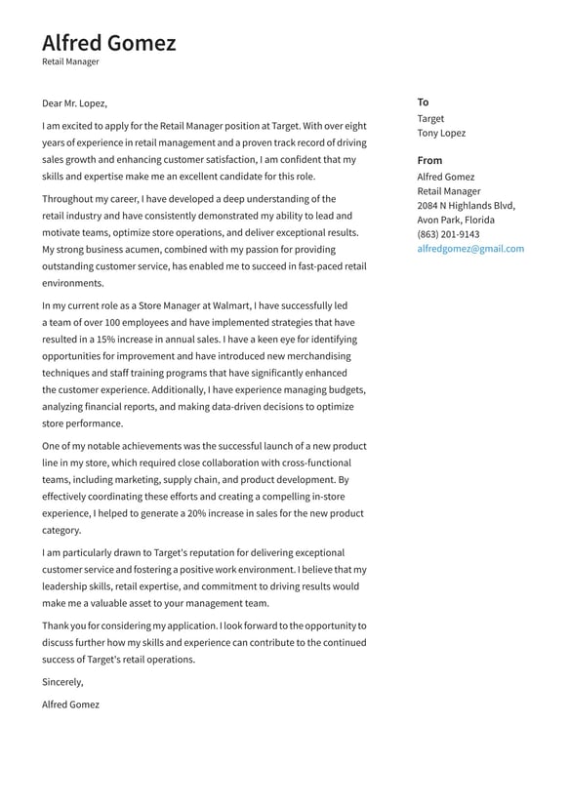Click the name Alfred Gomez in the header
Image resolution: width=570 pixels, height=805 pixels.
pos(108,43)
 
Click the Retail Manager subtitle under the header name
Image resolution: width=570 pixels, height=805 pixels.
pos(70,61)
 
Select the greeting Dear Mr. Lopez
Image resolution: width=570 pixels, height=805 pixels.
pos(74,103)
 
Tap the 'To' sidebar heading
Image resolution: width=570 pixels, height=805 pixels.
pos(423,101)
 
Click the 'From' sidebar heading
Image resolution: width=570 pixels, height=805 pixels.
pos(429,160)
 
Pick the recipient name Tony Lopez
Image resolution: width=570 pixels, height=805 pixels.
pos(441,133)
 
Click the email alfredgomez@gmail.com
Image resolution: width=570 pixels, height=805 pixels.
pos(470,249)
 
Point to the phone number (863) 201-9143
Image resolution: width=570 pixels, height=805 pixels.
pos(448,234)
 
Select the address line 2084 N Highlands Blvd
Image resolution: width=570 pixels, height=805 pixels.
pos(466,206)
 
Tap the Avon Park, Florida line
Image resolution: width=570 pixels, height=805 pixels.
pos(456,220)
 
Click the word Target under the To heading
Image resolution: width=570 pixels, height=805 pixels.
pos(430,118)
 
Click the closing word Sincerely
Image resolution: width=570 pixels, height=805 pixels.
pos(62,682)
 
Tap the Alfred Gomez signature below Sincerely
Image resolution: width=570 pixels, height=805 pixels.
pos(70,704)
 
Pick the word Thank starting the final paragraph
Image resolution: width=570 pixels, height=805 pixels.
pos(56,625)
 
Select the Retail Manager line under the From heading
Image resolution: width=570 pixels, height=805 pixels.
pos(449,191)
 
